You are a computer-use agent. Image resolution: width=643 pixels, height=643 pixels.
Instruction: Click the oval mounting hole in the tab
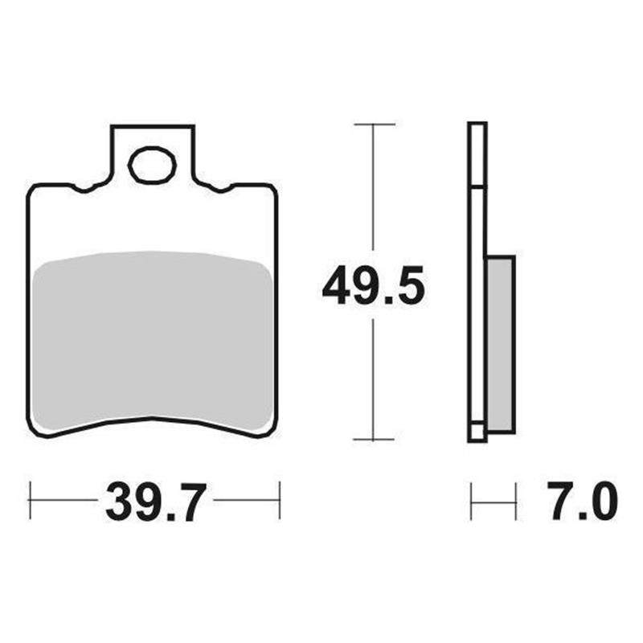(x=152, y=167)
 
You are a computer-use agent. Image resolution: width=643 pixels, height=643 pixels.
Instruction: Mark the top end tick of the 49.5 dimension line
(x=374, y=125)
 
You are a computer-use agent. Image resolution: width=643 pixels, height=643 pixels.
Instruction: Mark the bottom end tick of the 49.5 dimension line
(x=374, y=440)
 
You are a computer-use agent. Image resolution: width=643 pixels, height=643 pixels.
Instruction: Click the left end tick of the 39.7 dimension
(x=30, y=500)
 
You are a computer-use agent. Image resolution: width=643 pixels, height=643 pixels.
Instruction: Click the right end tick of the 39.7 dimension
(x=279, y=500)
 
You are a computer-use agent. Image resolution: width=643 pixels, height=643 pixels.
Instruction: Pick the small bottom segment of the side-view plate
(x=477, y=432)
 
